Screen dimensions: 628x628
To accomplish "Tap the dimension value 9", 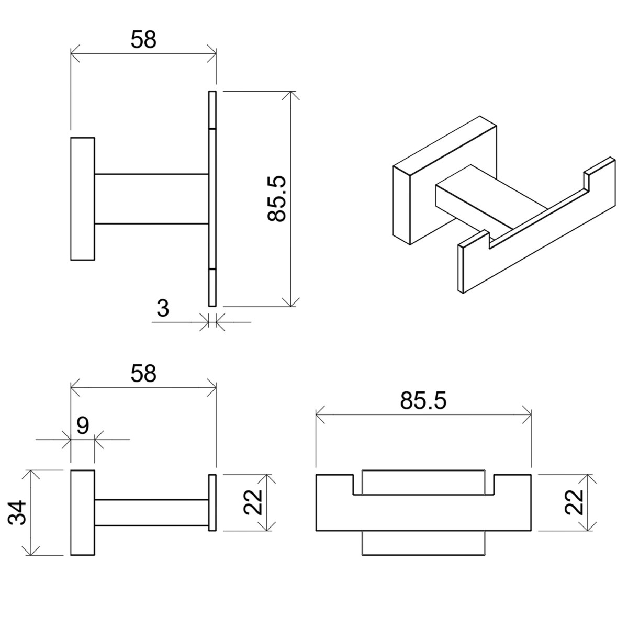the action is pyautogui.click(x=83, y=425).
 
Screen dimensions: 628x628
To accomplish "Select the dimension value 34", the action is pyautogui.click(x=17, y=513).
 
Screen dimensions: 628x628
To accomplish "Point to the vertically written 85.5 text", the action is pyautogui.click(x=276, y=199).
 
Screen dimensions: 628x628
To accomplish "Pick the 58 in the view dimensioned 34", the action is pyautogui.click(x=143, y=374).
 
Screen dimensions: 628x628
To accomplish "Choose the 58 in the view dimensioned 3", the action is pyautogui.click(x=143, y=39).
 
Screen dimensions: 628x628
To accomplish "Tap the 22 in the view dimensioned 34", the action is pyautogui.click(x=253, y=502).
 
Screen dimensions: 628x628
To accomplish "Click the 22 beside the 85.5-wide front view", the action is pyautogui.click(x=574, y=502).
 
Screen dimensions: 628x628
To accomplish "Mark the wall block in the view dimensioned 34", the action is pyautogui.click(x=83, y=513).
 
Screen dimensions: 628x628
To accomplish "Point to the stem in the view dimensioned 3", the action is pyautogui.click(x=152, y=199).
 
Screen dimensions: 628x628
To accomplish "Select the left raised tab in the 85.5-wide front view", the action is pyautogui.click(x=335, y=484).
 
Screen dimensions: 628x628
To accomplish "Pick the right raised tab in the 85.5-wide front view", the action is pyautogui.click(x=512, y=484).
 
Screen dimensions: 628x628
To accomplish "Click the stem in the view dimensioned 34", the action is pyautogui.click(x=152, y=512).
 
